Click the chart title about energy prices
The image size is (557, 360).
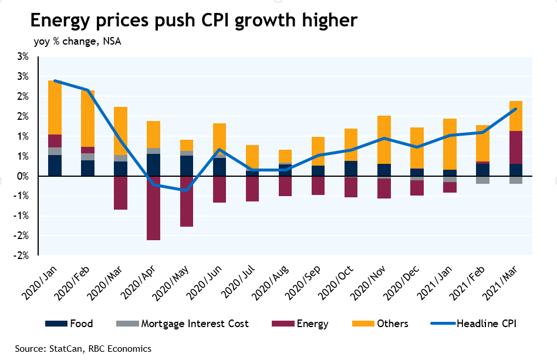(193, 21)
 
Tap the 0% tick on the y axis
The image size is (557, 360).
(23, 176)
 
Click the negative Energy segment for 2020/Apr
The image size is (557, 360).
(154, 208)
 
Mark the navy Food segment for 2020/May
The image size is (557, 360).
(187, 166)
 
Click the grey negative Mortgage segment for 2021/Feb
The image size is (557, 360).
(483, 180)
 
